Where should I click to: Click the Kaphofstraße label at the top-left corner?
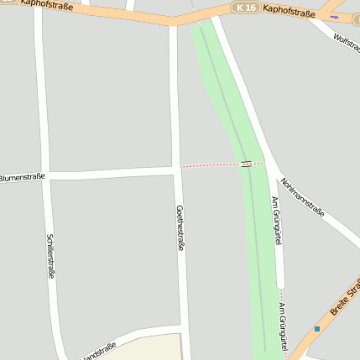45,6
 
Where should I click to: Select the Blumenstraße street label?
22,177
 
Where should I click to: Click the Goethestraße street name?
180,228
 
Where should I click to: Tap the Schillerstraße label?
50,256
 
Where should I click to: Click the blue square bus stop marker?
317,328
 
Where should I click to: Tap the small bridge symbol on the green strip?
246,164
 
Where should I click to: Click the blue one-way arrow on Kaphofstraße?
335,16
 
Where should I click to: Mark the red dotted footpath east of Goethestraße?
210,165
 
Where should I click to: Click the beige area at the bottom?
151,348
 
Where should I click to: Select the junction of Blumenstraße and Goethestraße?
176,170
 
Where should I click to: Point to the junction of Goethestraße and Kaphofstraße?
174,23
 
